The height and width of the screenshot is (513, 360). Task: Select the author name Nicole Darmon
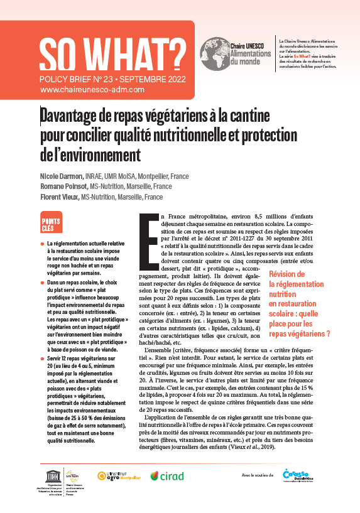[x=61, y=176]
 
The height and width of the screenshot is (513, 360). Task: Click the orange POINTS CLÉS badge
[x=51, y=224]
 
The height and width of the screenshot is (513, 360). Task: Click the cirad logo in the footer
[x=167, y=476]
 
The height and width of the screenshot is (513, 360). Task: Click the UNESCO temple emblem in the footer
[x=50, y=472]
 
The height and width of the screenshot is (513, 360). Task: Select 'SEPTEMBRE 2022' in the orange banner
[x=153, y=80]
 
